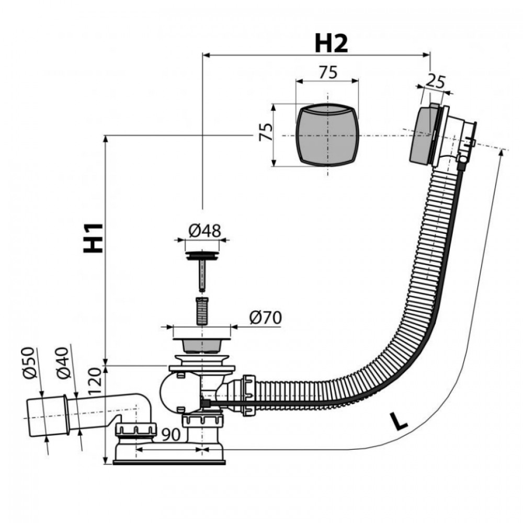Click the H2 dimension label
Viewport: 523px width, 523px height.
pyautogui.click(x=331, y=43)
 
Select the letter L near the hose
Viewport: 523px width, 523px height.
pyautogui.click(x=399, y=421)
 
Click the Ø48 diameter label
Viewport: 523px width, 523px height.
pyautogui.click(x=204, y=230)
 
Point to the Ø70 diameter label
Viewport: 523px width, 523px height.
pyautogui.click(x=265, y=317)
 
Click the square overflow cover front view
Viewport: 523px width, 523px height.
pyautogui.click(x=327, y=135)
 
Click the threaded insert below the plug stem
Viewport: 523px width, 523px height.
pyautogui.click(x=201, y=310)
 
